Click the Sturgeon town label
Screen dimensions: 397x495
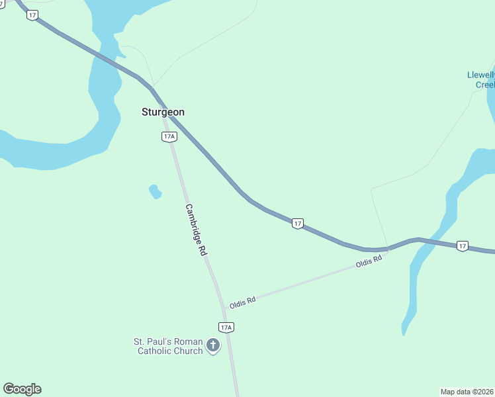click(x=163, y=112)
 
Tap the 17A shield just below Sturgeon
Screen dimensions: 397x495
click(x=169, y=136)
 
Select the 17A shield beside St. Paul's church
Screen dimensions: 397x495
click(x=226, y=327)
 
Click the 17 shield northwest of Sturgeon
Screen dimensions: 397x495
click(x=32, y=15)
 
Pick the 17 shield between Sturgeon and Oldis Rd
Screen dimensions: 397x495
click(x=298, y=224)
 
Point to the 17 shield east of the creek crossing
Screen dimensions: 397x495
click(x=462, y=245)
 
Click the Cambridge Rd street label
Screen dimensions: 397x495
click(x=196, y=230)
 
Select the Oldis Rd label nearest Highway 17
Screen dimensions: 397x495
click(x=369, y=262)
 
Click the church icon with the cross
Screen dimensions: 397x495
click(x=213, y=345)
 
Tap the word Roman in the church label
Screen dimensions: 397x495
click(x=193, y=341)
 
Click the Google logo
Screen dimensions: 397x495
click(x=22, y=389)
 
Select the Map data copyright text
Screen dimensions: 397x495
click(x=467, y=391)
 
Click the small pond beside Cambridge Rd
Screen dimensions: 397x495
click(x=155, y=192)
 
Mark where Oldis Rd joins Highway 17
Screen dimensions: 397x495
click(x=388, y=250)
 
